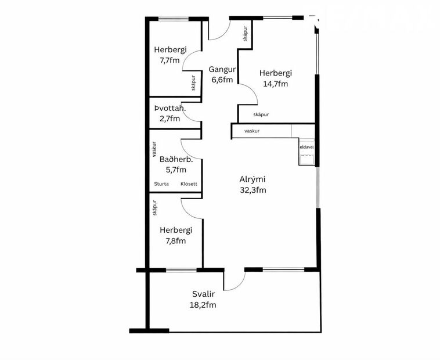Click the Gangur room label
[x=221, y=70]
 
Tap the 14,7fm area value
[x=275, y=84]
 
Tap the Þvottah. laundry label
[x=169, y=108]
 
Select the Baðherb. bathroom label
[x=172, y=159]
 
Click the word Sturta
[x=161, y=184]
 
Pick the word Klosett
[x=189, y=184]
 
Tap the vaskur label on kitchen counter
[x=251, y=131]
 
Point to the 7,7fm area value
[x=166, y=60]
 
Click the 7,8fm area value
[x=172, y=241]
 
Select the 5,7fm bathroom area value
[x=173, y=170]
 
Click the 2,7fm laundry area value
[x=169, y=118]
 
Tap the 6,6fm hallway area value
[x=221, y=80]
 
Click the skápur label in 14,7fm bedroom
[x=261, y=115]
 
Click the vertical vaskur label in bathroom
[x=154, y=147]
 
